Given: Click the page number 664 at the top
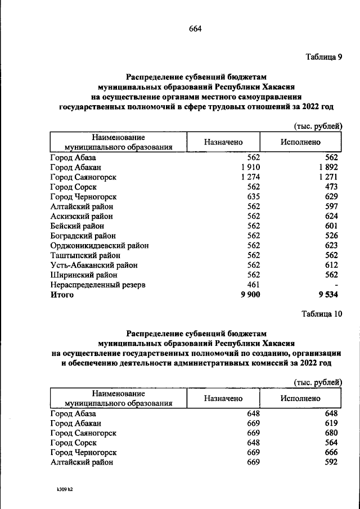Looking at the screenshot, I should point(195,29).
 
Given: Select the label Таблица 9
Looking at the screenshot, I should point(323,57).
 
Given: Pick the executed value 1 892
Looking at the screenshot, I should point(327,167).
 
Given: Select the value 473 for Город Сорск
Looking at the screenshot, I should point(331,187).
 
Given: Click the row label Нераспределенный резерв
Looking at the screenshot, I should point(97,285).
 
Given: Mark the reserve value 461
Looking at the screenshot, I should point(253,285).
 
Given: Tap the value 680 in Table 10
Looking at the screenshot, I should point(331,433).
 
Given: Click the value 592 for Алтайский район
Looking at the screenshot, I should point(331,462).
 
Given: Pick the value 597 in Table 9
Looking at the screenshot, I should point(331,206).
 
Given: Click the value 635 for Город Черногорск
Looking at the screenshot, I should point(253,196).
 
